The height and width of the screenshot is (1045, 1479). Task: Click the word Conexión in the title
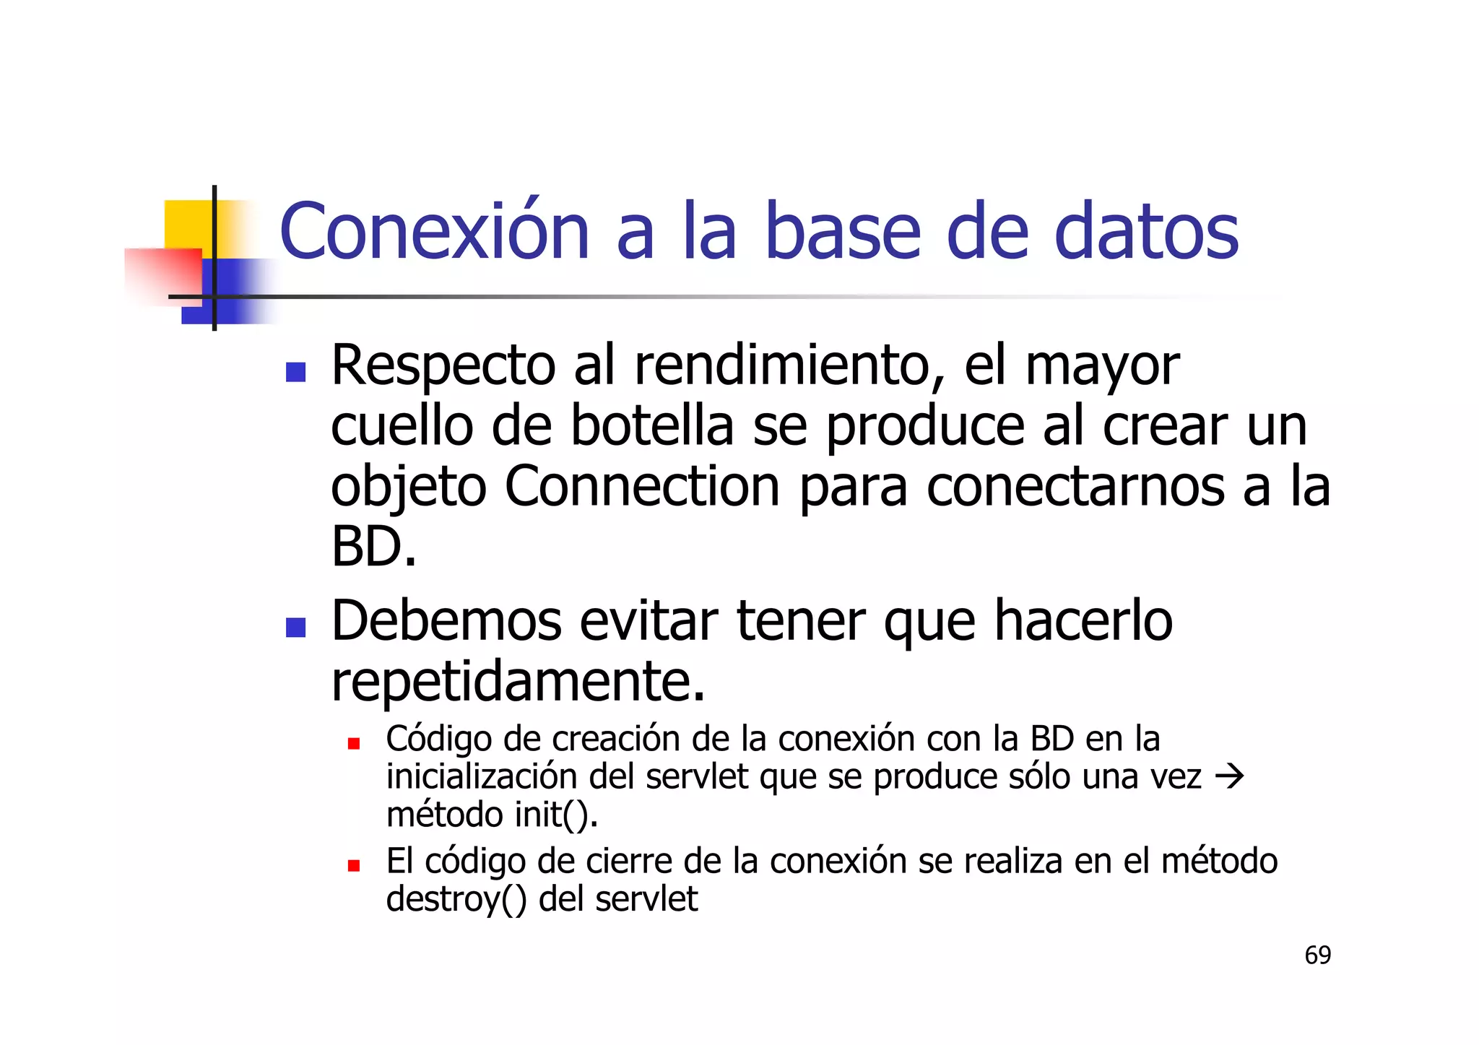434,232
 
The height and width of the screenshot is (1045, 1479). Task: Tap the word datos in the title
1146,232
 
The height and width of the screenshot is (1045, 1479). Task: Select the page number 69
1317,955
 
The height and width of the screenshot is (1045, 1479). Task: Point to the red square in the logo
165,276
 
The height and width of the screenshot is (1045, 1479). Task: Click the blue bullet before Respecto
295,372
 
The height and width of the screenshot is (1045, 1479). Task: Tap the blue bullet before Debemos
295,627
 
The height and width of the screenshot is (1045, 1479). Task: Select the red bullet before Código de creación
353,743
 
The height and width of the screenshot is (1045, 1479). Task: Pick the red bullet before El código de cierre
353,865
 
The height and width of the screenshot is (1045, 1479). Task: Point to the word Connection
642,486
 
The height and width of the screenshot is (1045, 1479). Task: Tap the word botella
651,425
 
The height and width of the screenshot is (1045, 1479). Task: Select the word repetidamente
517,681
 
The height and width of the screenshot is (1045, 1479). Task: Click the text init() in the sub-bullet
555,815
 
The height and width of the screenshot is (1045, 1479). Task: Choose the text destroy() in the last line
456,900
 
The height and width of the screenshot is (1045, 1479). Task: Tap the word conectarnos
1075,486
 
